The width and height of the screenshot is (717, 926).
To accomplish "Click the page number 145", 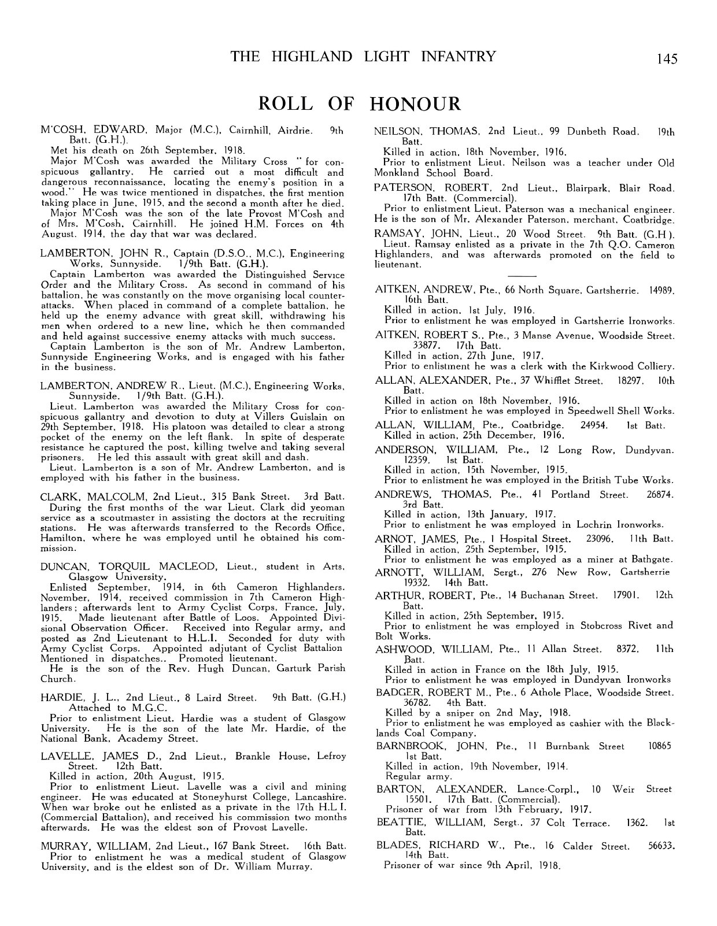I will [666, 58].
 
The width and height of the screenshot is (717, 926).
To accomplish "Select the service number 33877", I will [424, 346].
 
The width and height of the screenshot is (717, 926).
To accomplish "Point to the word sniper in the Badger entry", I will [454, 713].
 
